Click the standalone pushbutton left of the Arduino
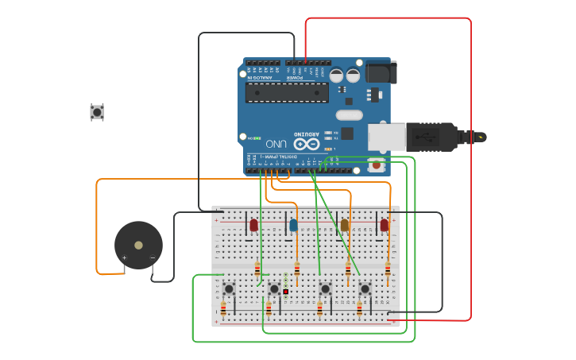click(x=97, y=112)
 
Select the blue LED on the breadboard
click(x=293, y=226)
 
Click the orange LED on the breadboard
click(x=345, y=226)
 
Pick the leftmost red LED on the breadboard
click(x=253, y=226)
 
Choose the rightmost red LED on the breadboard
click(x=385, y=226)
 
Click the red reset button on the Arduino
click(x=376, y=165)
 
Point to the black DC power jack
click(x=380, y=72)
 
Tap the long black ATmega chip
click(x=287, y=92)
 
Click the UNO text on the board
click(x=276, y=144)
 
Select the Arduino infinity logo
click(x=306, y=144)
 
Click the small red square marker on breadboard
click(x=285, y=292)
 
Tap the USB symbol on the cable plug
click(x=430, y=137)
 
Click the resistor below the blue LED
click(x=297, y=269)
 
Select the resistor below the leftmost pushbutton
click(x=223, y=308)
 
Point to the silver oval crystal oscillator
click(x=349, y=114)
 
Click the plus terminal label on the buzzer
click(x=124, y=257)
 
